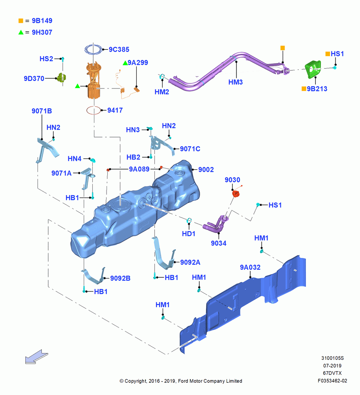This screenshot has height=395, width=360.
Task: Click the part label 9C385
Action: (x=119, y=49)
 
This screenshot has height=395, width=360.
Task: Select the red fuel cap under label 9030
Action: (x=236, y=194)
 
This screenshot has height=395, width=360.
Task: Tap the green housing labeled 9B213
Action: (x=313, y=68)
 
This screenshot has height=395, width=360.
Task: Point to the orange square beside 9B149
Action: (x=21, y=21)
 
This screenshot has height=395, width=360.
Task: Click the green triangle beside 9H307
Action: (x=21, y=32)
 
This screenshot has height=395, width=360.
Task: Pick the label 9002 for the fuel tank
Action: (x=206, y=169)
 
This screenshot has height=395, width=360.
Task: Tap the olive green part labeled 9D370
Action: (x=62, y=77)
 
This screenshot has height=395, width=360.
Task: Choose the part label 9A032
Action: (x=250, y=267)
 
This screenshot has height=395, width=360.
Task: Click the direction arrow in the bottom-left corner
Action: (x=36, y=357)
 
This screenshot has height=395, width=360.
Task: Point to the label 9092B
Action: (x=120, y=278)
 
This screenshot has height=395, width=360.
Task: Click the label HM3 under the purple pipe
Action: (x=235, y=82)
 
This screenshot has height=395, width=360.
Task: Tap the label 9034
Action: (x=219, y=243)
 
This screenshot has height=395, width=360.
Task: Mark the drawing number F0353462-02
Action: (x=332, y=381)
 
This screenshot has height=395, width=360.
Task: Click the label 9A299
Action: (x=138, y=62)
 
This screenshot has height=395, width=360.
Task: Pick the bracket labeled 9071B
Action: (x=47, y=150)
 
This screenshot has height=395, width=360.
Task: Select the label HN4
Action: (x=75, y=158)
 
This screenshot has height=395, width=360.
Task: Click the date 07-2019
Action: (x=332, y=365)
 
